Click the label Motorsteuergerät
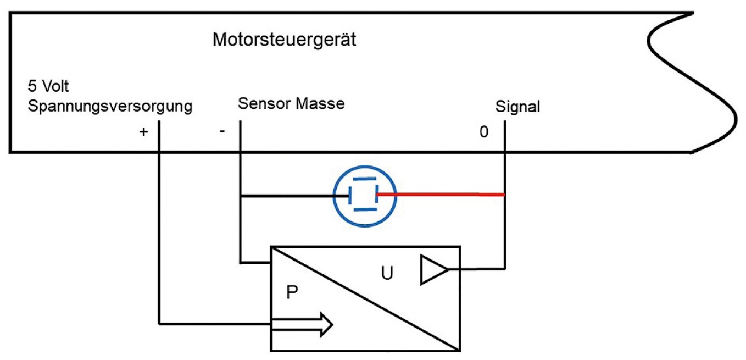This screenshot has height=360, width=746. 285,40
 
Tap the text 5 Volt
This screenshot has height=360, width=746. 48,87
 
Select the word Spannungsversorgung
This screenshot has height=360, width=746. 109,106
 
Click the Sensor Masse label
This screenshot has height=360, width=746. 291,103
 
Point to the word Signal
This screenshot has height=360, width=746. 517,107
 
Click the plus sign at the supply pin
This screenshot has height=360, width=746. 144,132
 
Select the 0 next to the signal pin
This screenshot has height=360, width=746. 483,132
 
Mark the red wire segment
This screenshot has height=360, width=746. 439,194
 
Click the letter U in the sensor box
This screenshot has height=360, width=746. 387,273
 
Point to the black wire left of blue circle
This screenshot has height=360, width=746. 286,195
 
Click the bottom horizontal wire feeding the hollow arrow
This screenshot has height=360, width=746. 214,323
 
